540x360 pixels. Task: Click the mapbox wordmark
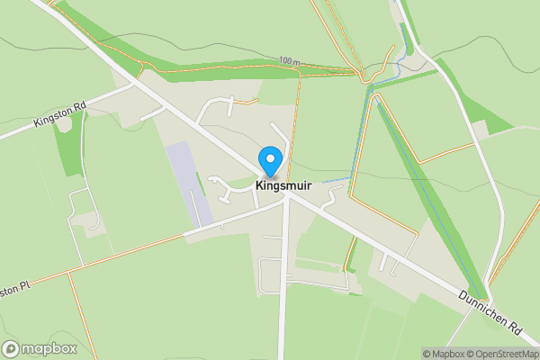(x=45, y=347)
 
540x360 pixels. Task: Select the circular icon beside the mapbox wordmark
(x=11, y=347)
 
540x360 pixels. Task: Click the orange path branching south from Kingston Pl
(x=71, y=306)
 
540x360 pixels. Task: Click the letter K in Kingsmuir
(x=260, y=186)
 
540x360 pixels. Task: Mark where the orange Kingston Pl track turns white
(x=184, y=236)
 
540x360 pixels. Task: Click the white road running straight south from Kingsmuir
(x=283, y=288)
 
